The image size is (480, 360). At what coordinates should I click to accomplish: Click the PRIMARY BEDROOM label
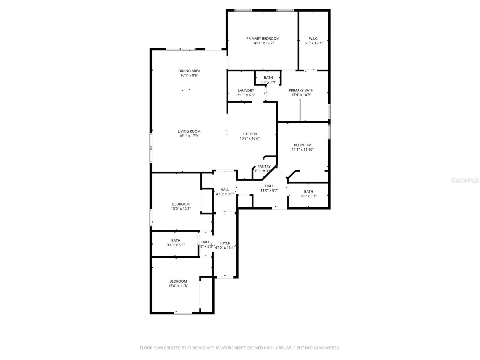point(262,38)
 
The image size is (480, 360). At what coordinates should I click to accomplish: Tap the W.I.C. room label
point(313,38)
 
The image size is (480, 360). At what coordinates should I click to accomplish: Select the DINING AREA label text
point(189,71)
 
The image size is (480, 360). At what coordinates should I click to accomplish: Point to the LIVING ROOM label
point(189,131)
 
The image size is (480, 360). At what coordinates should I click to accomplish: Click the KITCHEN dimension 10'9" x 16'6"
point(249,139)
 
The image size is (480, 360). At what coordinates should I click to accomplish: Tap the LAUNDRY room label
point(246,91)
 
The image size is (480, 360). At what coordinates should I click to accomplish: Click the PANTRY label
point(264,166)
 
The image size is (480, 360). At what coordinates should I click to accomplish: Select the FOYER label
point(225,243)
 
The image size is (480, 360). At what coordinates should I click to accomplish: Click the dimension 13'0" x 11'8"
point(178,286)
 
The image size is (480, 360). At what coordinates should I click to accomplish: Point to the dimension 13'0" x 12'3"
point(181,208)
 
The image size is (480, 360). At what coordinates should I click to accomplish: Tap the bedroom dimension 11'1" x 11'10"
point(302,149)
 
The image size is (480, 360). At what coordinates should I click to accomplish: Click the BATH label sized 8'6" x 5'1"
point(308,191)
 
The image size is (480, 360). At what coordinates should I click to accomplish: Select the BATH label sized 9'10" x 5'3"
point(176,240)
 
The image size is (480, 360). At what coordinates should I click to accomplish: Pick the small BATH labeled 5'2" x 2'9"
point(268,78)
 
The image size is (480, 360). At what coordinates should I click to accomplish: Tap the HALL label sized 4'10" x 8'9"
point(225,190)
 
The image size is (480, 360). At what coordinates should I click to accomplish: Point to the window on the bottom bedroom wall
point(183,313)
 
